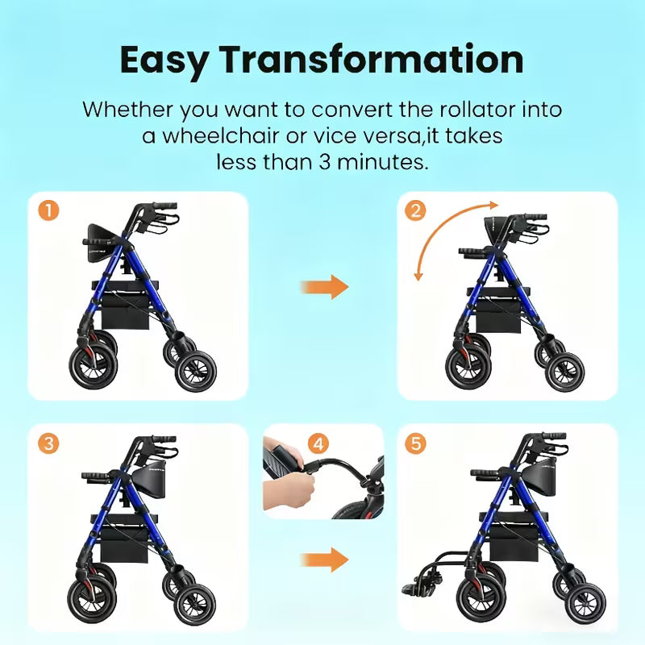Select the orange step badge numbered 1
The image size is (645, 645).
coord(49,211)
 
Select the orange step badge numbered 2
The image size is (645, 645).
coord(416,211)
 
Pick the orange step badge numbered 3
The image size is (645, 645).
coord(49,443)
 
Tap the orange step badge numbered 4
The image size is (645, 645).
coord(319,443)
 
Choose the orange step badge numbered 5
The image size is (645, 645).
coord(416,443)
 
